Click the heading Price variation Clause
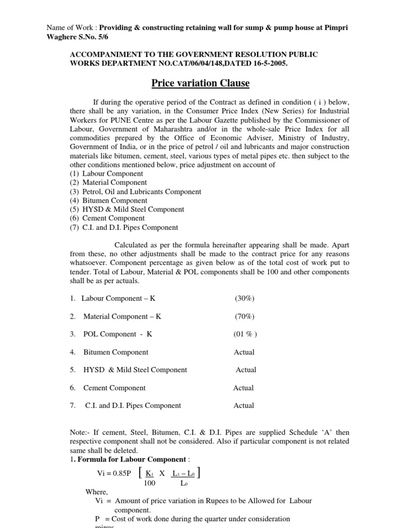pos(200,83)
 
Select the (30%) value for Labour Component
pos(244,299)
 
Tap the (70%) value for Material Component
pos(244,317)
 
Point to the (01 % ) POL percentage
pos(245,334)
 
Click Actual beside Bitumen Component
pos(244,352)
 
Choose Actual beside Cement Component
pos(243,388)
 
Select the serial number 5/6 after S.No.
pos(103,37)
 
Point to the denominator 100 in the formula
pos(150,483)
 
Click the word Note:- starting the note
pos(80,433)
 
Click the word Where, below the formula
pos(97,492)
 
